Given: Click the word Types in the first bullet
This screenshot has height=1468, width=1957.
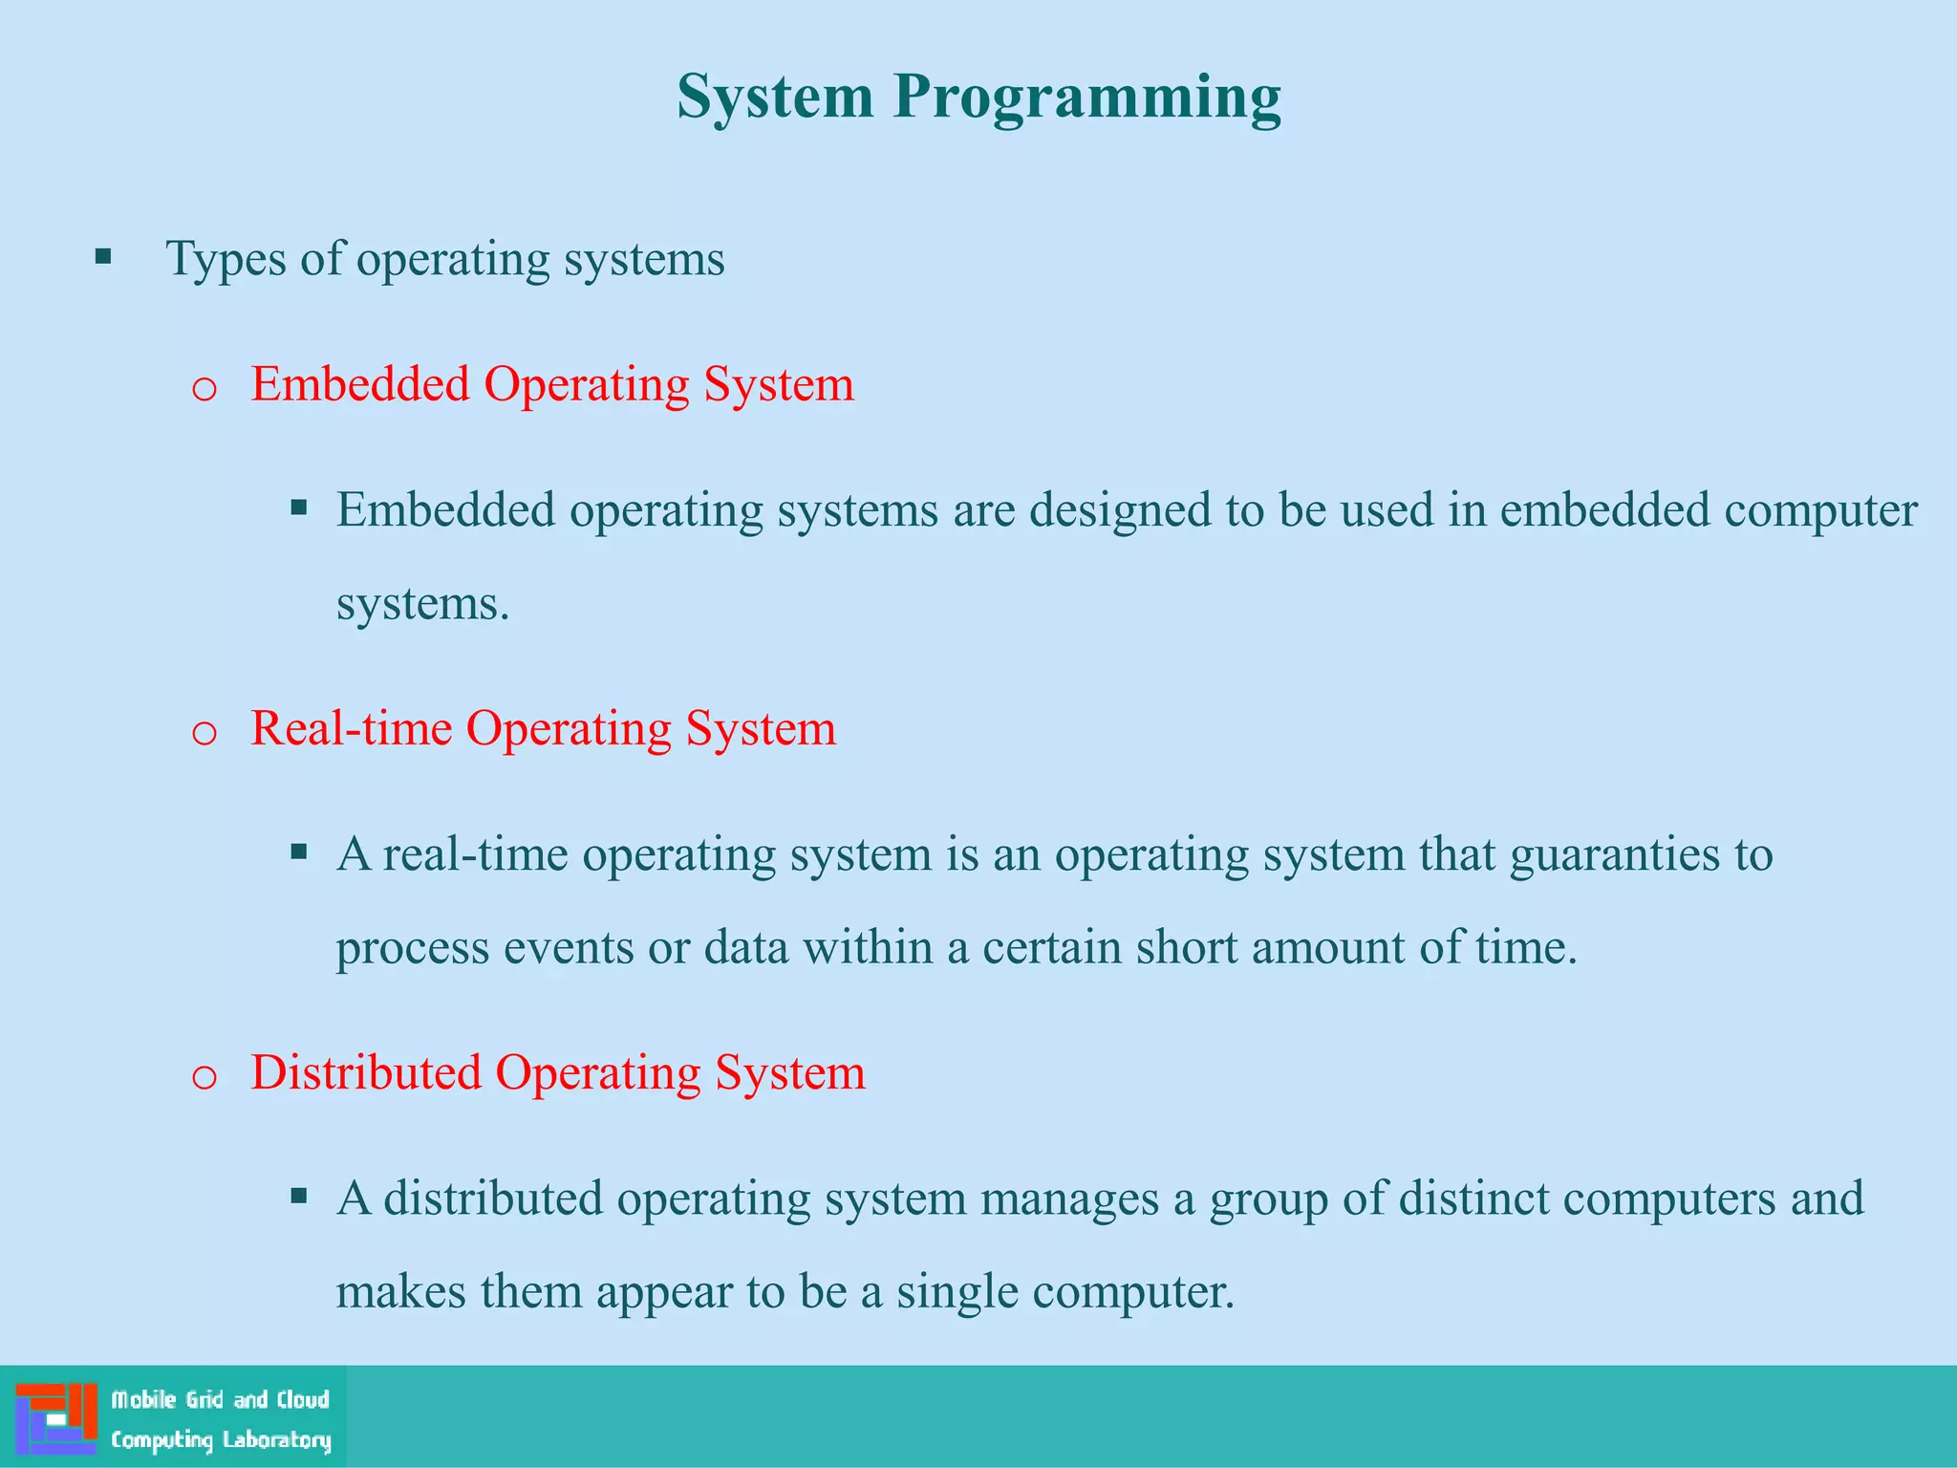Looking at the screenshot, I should (x=226, y=258).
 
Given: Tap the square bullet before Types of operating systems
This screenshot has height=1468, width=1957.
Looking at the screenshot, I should (x=103, y=257).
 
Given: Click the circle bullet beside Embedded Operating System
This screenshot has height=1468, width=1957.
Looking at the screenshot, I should (x=204, y=390).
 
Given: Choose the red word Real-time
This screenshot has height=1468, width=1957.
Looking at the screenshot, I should (x=351, y=728).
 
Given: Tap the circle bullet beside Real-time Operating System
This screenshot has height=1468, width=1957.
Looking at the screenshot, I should (x=204, y=734).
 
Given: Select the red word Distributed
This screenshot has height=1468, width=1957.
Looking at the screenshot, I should (x=365, y=1072).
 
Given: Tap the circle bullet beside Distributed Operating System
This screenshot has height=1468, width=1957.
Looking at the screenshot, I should (x=204, y=1078).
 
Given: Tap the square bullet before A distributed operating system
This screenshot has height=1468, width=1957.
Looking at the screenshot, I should (x=299, y=1196).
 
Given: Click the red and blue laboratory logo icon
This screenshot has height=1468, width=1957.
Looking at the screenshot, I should (x=56, y=1417).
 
